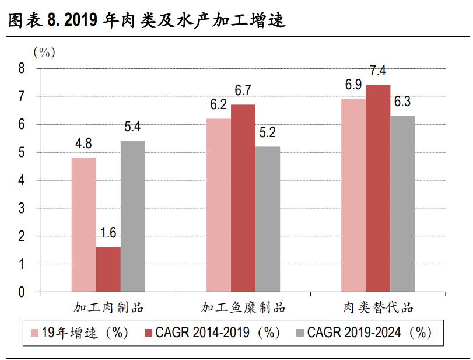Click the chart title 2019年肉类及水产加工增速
point(146,20)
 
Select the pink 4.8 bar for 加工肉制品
point(84,225)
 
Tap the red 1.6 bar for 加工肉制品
point(108,269)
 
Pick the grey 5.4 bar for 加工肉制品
point(133,216)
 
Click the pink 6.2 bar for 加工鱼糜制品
point(219,205)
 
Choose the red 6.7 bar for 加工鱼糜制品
point(243,198)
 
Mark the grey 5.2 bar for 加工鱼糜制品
point(268,219)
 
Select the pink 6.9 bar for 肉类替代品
point(353,195)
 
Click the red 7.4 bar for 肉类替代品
point(378,188)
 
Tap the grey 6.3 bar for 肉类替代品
point(402,204)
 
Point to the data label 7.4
point(378,71)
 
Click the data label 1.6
point(108,233)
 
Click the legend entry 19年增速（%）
point(79,333)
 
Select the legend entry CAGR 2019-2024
point(363,333)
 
